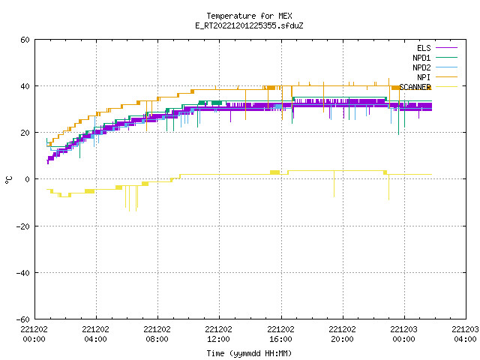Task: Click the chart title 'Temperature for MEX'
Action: (249, 16)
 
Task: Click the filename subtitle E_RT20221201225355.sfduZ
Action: (249, 25)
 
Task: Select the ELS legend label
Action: (424, 48)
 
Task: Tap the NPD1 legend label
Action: (421, 58)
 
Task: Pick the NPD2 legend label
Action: (421, 67)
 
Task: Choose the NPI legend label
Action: (424, 77)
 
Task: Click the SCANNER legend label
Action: (415, 87)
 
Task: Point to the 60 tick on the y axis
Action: (25, 40)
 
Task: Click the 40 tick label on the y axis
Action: (25, 86)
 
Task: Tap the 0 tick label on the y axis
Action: (28, 179)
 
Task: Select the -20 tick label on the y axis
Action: (23, 226)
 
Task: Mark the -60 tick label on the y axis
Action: (23, 319)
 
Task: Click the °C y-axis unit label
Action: (8, 180)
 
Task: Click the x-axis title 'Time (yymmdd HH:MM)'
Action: (249, 353)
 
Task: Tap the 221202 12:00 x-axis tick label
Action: (218, 334)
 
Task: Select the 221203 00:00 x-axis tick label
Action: (403, 334)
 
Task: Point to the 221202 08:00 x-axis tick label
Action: (157, 334)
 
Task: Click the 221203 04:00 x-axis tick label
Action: (465, 334)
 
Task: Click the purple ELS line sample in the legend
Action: (446, 48)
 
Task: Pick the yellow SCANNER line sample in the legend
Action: (446, 87)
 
